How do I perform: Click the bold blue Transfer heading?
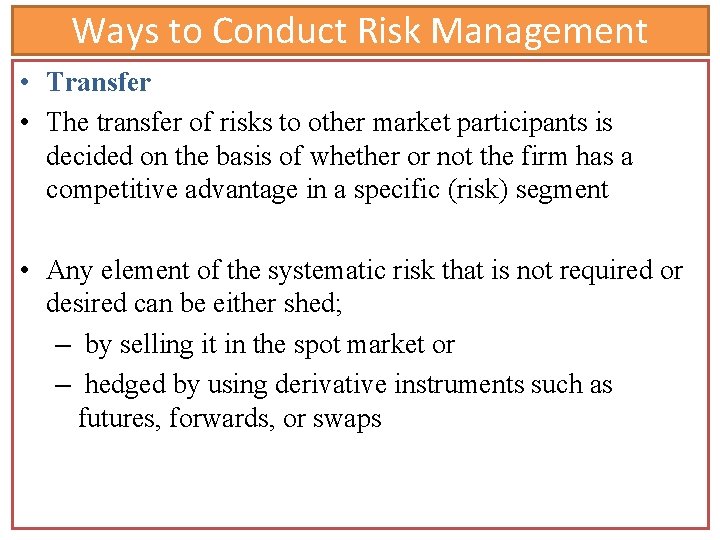click(99, 82)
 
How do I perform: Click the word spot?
click(319, 345)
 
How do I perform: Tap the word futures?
click(119, 418)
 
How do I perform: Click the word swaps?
click(346, 419)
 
